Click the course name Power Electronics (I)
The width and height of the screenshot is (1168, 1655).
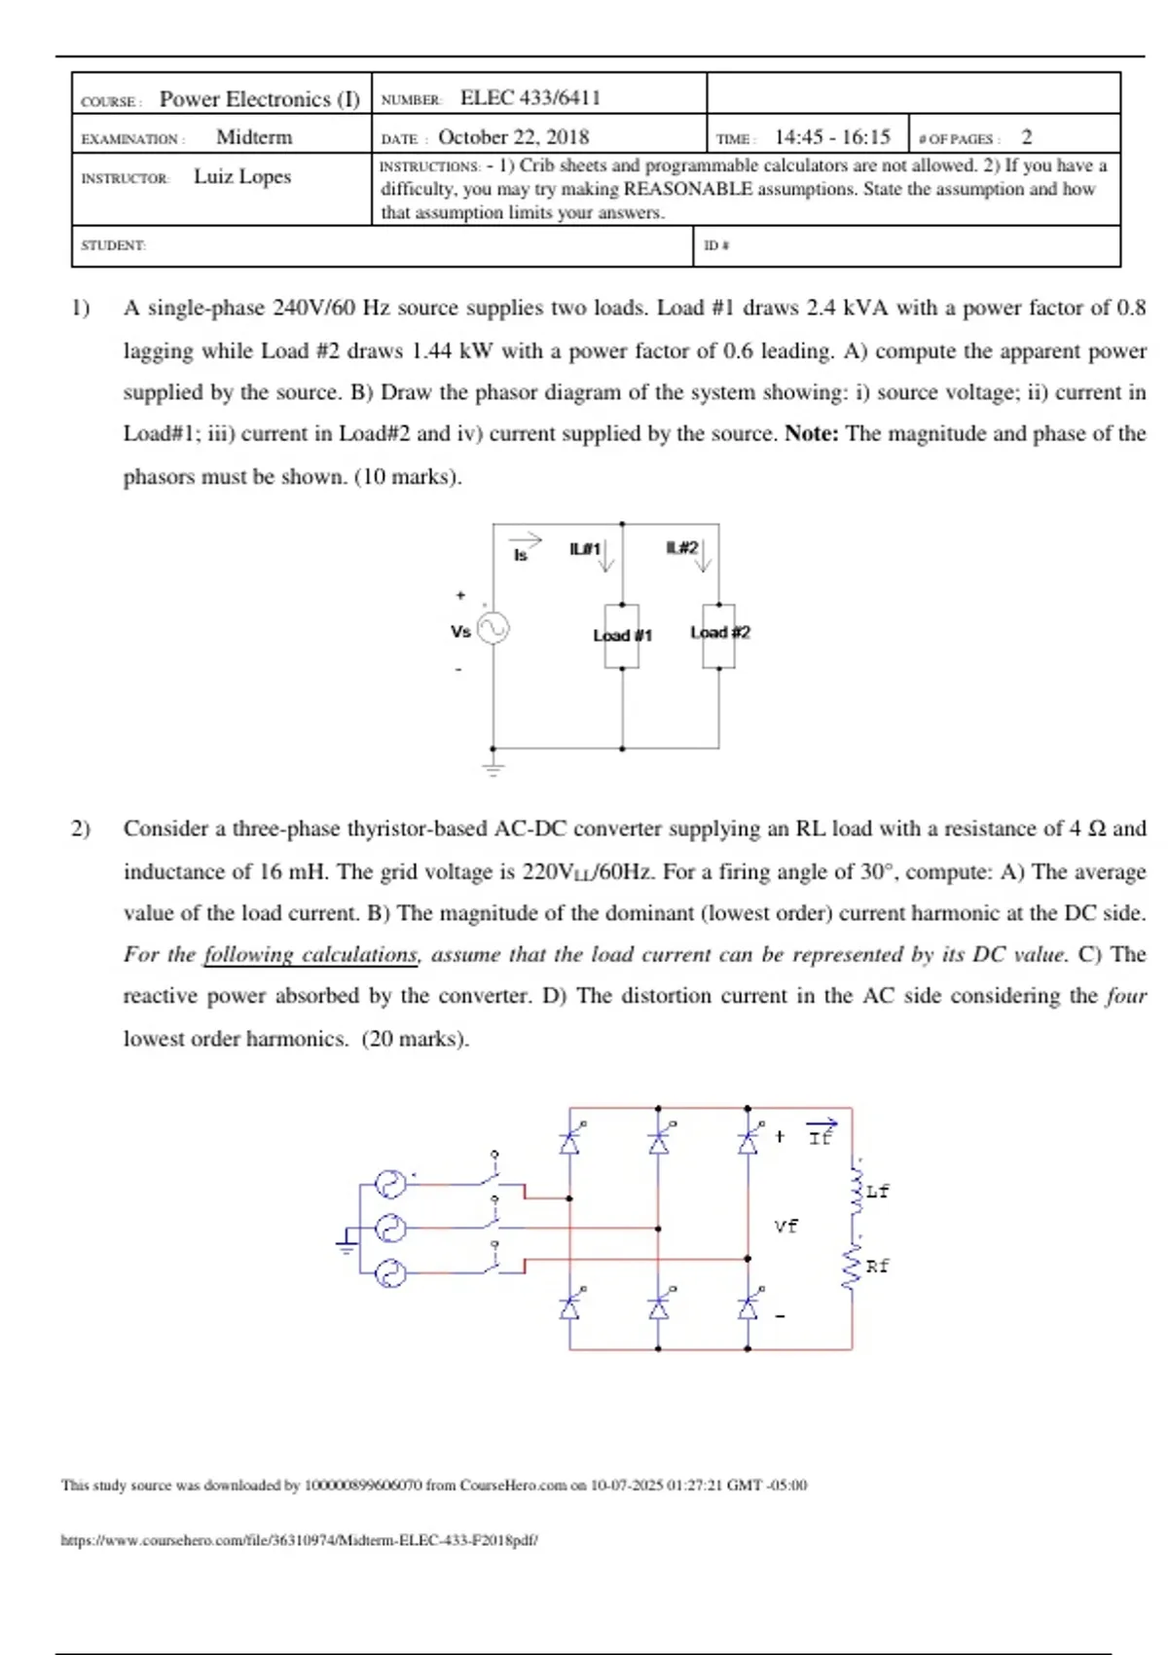coord(259,99)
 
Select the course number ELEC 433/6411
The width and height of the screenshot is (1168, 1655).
coord(529,97)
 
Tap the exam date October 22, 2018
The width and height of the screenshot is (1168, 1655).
coord(513,137)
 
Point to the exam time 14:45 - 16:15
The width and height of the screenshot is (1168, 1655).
coord(832,137)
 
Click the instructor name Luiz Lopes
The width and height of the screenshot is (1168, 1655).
coord(242,176)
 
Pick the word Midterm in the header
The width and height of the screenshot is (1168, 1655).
coord(254,137)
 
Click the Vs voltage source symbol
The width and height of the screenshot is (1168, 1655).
coord(493,629)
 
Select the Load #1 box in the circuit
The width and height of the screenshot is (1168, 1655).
coord(622,636)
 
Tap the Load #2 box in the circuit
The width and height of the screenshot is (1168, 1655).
coord(719,634)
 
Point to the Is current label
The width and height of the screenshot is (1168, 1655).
coord(521,555)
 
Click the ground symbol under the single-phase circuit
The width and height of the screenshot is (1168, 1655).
coord(493,768)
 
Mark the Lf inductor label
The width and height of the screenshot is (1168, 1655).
coord(877,1192)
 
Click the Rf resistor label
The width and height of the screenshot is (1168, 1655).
coord(877,1267)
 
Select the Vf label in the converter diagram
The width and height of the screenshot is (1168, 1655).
coord(785,1227)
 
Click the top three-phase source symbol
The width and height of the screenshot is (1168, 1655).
coord(390,1184)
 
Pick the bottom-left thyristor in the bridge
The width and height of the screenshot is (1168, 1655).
coord(570,1307)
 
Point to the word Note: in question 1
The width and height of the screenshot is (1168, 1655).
coord(812,434)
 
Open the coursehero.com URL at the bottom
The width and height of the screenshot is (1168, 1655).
coord(300,1540)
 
